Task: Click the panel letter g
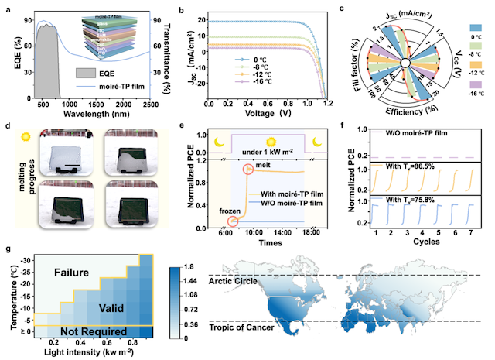click(7, 250)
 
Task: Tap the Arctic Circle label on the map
click(234, 279)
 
